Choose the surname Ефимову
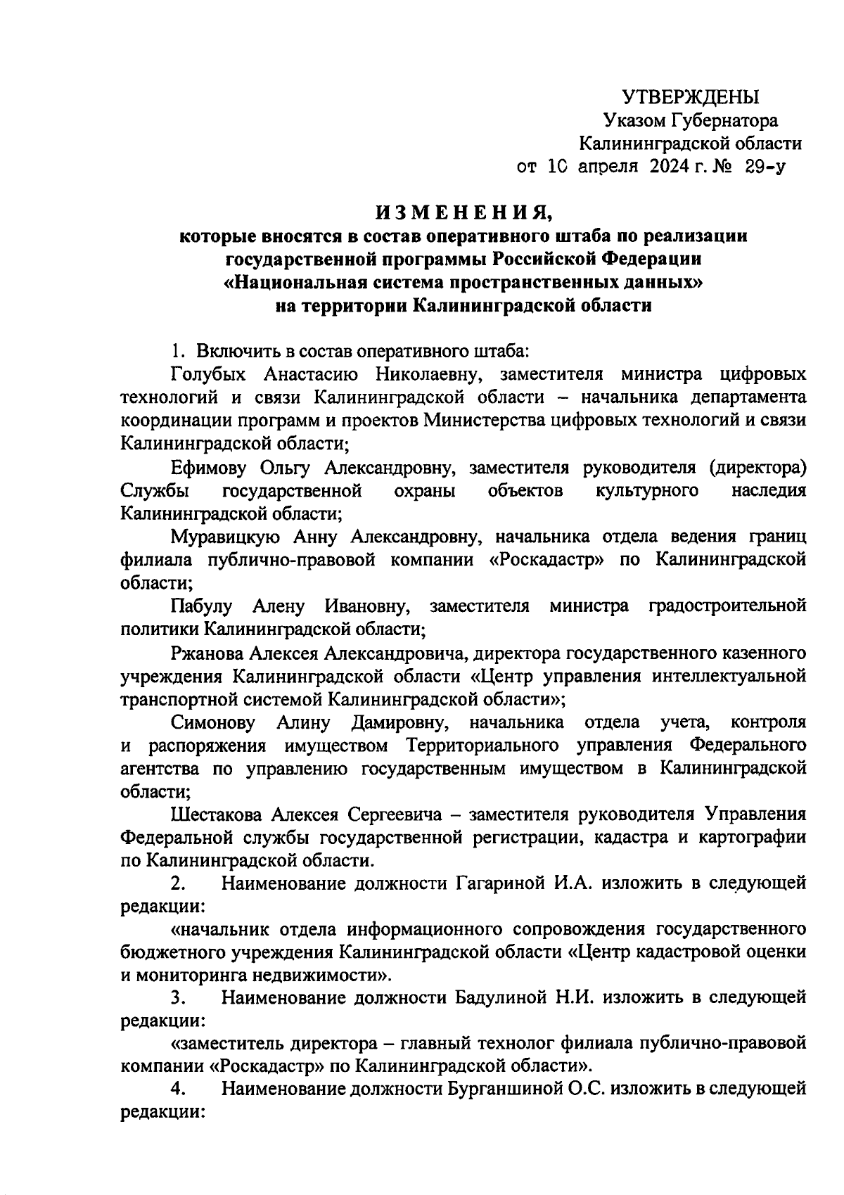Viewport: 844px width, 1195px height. point(206,468)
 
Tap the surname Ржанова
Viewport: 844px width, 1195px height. point(207,653)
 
